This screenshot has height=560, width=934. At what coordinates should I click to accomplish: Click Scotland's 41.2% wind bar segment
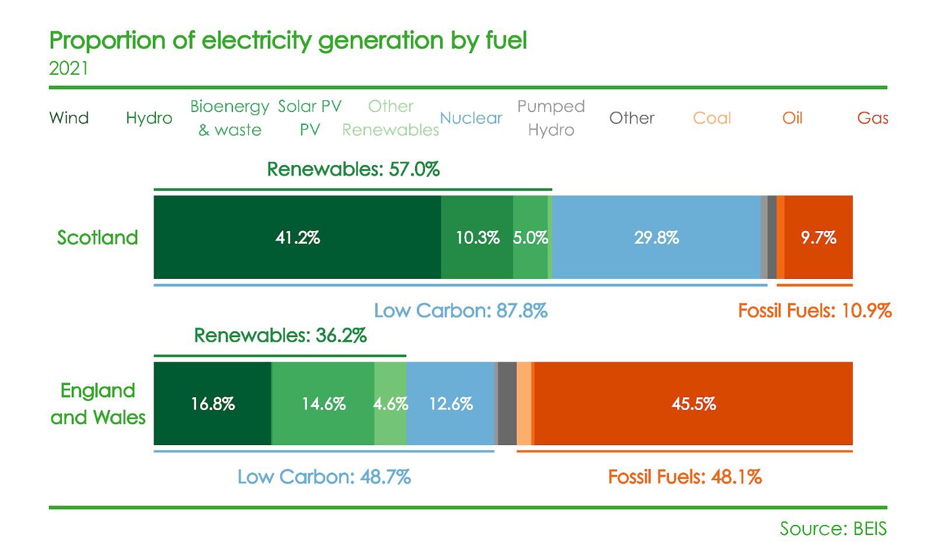[x=297, y=237]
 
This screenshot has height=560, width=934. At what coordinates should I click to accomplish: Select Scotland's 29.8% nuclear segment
[x=656, y=237]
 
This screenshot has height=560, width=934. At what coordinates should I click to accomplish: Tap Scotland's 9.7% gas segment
[x=818, y=237]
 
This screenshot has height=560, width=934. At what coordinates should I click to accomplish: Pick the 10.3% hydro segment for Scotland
[x=477, y=237]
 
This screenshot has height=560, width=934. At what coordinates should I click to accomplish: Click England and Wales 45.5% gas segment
[x=693, y=404]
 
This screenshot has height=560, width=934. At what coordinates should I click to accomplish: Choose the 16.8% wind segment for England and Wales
[x=212, y=404]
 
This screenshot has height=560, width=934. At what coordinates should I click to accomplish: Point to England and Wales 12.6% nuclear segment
[x=450, y=404]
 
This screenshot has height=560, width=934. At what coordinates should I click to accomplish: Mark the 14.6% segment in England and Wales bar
[x=323, y=404]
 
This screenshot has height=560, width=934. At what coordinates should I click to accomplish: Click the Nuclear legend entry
[x=471, y=118]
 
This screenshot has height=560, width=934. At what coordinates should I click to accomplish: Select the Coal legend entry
[x=712, y=118]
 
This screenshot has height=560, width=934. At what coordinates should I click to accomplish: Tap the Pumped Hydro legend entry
[x=551, y=118]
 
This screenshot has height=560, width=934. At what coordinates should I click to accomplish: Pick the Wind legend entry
[x=69, y=118]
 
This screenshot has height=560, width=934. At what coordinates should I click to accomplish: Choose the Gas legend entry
[x=873, y=118]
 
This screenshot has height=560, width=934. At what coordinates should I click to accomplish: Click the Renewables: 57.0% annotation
[x=353, y=169]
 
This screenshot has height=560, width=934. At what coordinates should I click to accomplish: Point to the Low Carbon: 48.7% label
[x=324, y=477]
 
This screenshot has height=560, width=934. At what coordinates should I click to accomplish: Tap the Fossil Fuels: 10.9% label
[x=814, y=310]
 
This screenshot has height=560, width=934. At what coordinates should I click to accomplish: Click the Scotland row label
[x=97, y=237]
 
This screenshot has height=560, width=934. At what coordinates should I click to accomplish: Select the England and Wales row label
[x=98, y=404]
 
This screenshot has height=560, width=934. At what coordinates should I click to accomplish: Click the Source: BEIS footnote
[x=833, y=528]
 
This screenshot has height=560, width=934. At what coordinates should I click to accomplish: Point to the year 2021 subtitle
[x=69, y=68]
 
